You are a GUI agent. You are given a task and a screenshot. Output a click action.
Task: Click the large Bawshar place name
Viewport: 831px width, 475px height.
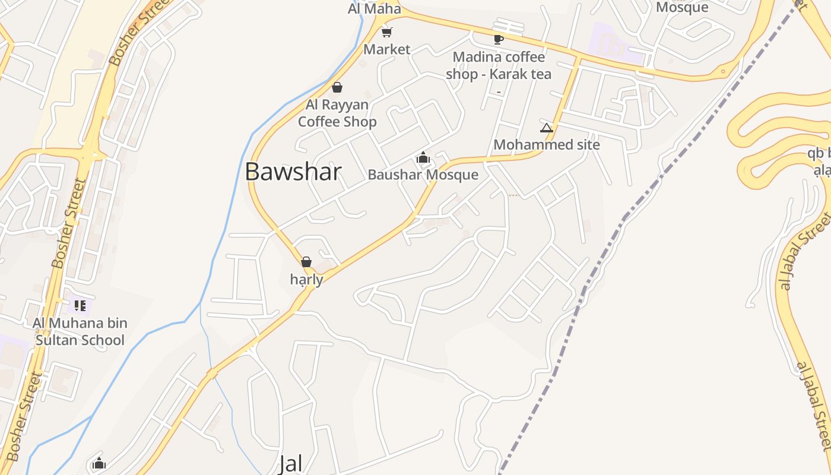click(293, 172)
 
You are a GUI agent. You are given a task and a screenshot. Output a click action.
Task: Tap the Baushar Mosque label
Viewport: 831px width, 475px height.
click(423, 175)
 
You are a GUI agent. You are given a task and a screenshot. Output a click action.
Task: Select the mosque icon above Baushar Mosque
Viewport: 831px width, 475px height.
click(423, 158)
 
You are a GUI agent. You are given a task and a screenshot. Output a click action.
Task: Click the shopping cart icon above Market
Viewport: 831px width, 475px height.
click(386, 32)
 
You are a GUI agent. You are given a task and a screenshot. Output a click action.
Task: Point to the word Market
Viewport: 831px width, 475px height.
click(386, 49)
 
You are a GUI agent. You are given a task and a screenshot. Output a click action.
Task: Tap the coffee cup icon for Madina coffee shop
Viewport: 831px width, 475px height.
click(498, 39)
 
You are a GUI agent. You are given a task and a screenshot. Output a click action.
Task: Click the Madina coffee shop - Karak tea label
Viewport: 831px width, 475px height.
click(499, 65)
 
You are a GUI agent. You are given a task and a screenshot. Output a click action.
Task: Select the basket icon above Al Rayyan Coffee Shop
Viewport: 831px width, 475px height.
click(337, 88)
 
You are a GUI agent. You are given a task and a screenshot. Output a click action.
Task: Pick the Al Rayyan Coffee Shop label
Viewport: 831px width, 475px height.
click(337, 113)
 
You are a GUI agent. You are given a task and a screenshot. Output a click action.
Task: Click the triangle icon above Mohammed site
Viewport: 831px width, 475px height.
click(546, 128)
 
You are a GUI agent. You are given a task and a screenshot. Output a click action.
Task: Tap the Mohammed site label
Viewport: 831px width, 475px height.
click(546, 145)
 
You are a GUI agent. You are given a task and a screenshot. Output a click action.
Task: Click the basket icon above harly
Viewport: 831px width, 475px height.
click(306, 262)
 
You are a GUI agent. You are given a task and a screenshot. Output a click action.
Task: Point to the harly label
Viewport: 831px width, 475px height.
click(306, 279)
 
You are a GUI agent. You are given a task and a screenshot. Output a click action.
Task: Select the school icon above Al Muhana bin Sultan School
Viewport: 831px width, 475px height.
click(80, 306)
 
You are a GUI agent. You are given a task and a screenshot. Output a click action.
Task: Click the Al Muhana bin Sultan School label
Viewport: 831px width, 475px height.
click(80, 332)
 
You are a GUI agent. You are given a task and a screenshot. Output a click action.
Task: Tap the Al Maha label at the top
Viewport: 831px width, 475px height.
click(374, 9)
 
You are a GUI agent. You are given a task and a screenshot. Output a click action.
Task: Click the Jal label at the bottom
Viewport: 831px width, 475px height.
click(291, 464)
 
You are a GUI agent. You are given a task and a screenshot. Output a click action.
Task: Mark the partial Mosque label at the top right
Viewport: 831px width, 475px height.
click(682, 7)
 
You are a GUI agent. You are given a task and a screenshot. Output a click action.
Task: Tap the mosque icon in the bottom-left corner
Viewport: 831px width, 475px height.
click(99, 464)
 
